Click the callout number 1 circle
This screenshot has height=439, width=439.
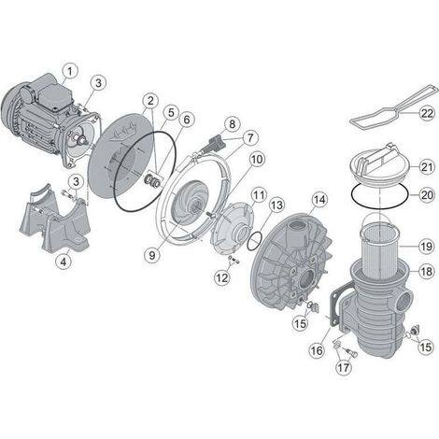point(70,71)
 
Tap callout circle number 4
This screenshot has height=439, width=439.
point(64,262)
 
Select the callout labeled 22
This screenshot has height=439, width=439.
point(427,113)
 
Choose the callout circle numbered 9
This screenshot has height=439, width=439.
point(152,255)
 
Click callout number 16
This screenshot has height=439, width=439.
point(317,350)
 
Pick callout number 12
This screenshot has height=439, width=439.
point(222,278)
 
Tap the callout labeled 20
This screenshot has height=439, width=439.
point(427,195)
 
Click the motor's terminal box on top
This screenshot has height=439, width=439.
point(53,95)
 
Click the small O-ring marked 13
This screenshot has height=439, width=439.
point(254,240)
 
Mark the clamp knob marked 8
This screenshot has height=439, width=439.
point(216,145)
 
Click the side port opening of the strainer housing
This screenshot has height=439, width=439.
point(404,298)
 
